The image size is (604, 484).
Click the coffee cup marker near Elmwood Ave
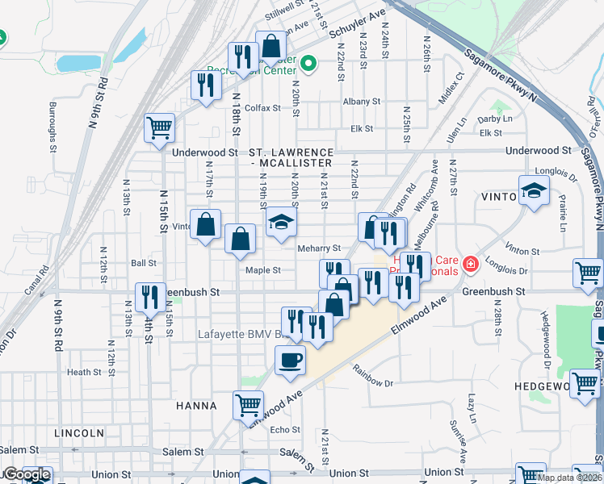coord(290,360)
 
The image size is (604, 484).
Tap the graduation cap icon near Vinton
coord(533,190)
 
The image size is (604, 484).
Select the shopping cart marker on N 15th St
coord(159,127)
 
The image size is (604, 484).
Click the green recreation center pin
coord(308,62)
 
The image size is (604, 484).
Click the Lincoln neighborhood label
coord(78,433)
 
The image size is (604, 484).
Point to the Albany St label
coord(361,102)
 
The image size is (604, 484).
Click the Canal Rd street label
coord(31,283)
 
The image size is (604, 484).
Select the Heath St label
coord(84,372)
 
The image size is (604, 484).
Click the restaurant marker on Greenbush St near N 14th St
coord(149,297)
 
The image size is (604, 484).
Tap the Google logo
coord(26,475)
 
